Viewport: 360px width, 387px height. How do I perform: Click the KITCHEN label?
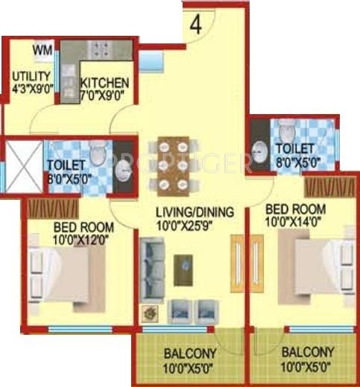click(105, 83)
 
